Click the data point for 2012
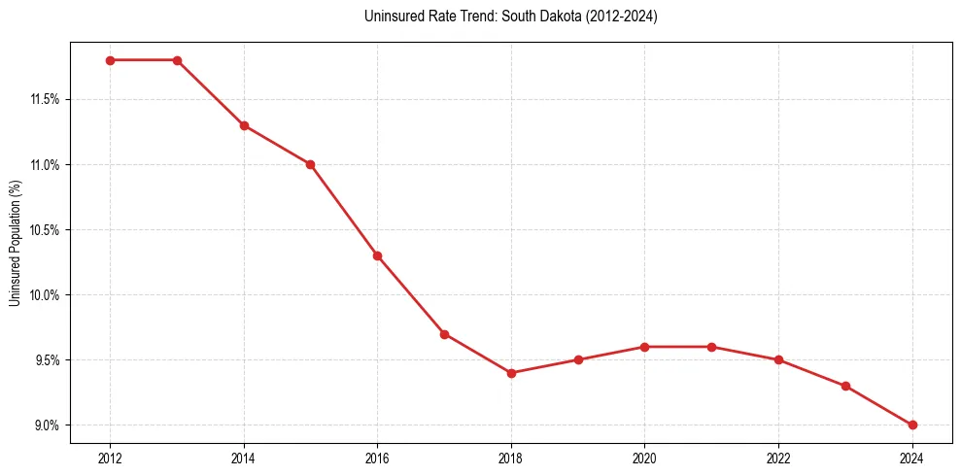[110, 60]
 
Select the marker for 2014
[244, 125]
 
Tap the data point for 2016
[377, 255]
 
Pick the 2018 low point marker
[511, 373]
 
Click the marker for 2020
[644, 347]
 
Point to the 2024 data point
[912, 425]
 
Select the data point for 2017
[444, 334]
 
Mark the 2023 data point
[845, 386]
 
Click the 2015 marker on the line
[310, 164]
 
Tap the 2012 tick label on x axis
[110, 458]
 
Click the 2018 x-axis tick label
[511, 458]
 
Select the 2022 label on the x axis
[778, 458]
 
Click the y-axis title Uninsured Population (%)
[15, 243]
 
